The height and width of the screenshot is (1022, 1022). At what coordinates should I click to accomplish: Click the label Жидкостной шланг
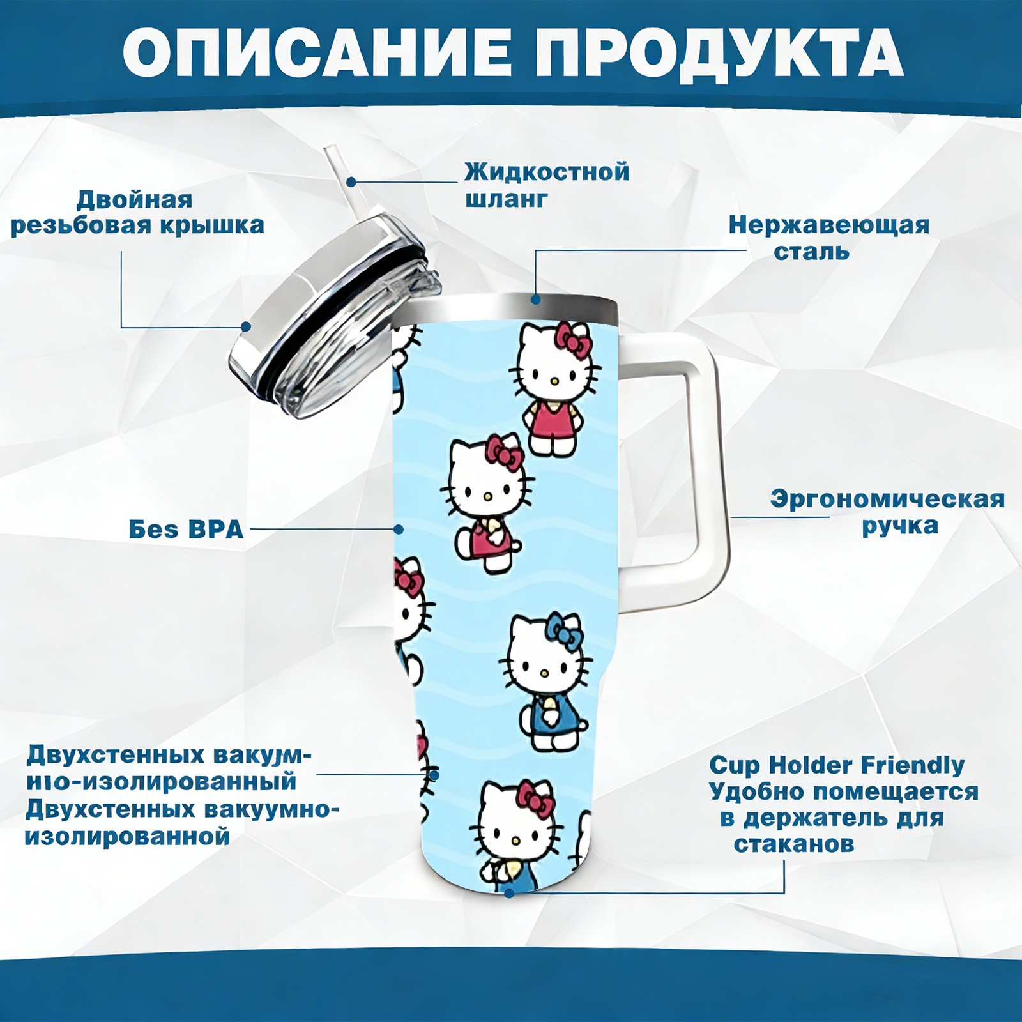[x=547, y=185]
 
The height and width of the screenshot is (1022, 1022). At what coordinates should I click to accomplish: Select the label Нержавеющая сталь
[x=828, y=238]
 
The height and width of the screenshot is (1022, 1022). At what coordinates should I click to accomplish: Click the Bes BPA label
[x=186, y=529]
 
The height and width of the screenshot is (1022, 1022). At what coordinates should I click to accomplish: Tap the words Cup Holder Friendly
[x=837, y=765]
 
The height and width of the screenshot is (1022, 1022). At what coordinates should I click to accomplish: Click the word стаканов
[x=793, y=844]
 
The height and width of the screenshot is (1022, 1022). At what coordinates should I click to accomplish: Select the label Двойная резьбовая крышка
[x=137, y=212]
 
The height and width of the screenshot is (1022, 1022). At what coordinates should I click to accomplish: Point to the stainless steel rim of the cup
[x=509, y=307]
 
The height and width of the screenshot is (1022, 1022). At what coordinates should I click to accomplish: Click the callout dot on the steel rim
[x=535, y=298]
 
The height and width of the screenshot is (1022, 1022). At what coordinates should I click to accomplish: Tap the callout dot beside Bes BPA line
[x=399, y=529]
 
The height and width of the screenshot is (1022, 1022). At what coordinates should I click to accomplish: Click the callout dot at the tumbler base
[x=508, y=892]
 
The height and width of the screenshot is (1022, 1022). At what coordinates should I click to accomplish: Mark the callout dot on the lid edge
[x=246, y=327]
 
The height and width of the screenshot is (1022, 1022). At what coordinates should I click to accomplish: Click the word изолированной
[x=128, y=836]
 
